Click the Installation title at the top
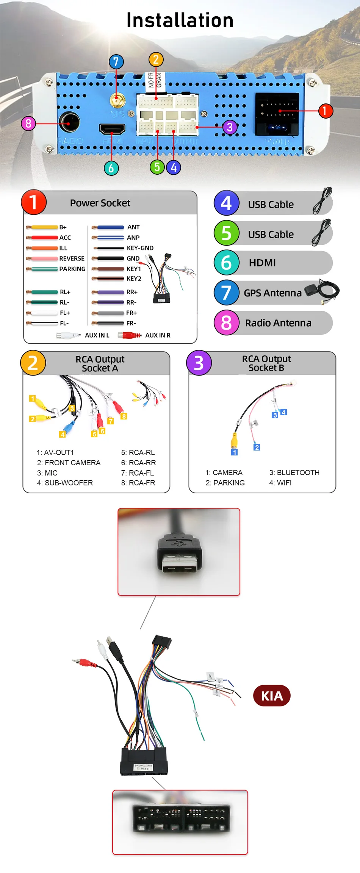coord(180,20)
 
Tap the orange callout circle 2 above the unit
coord(156,59)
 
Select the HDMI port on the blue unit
coord(112,129)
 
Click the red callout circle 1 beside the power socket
coord(325,111)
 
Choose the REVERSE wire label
coord(72,258)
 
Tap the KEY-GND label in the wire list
coord(140,248)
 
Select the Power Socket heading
coord(100,203)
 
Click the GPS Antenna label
coord(272,293)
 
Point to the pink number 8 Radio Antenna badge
coord(226,323)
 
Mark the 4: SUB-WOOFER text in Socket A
coord(65,483)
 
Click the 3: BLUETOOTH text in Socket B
coord(294,472)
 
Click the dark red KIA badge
coord(272,696)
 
